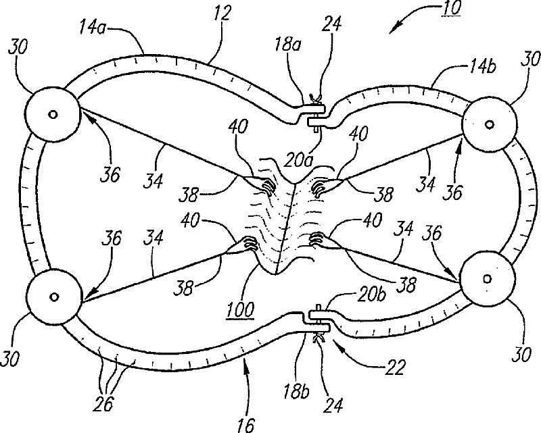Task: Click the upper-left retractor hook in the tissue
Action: pos(266,184)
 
